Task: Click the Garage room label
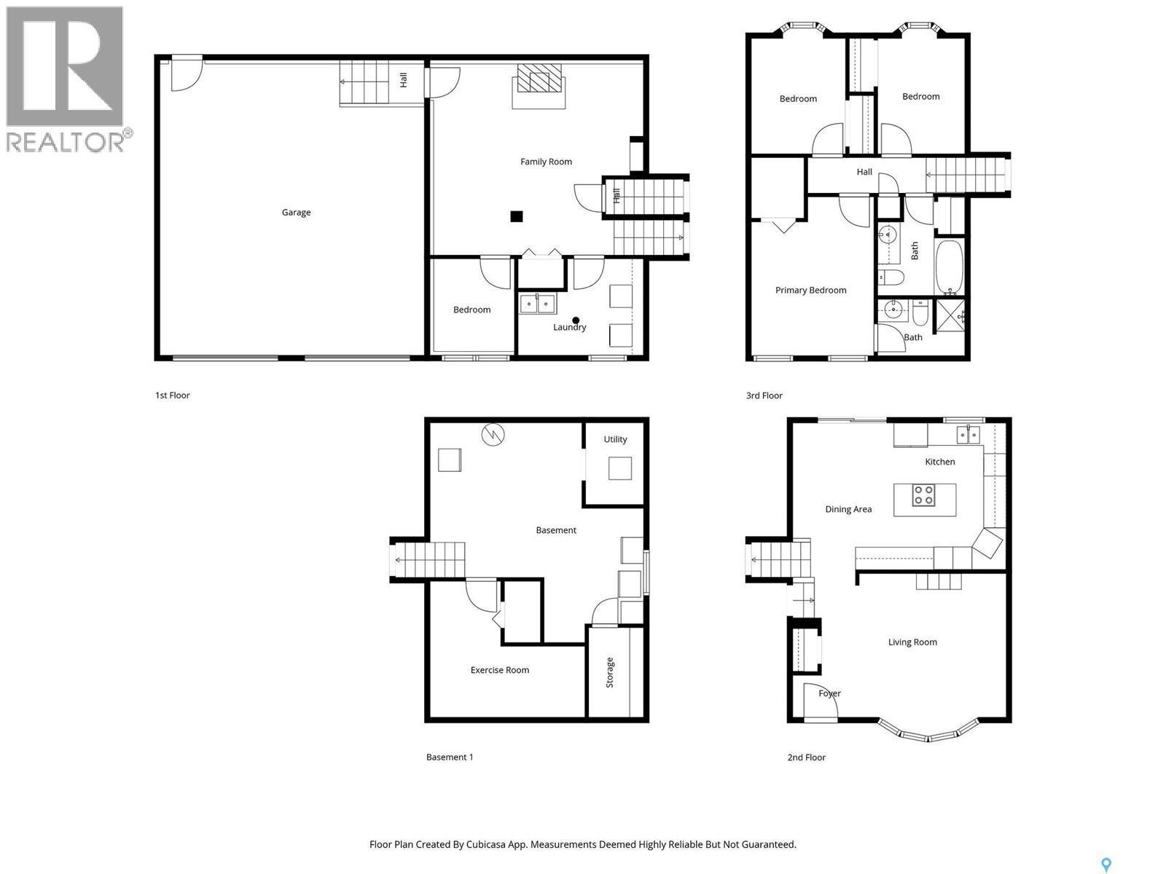pyautogui.click(x=296, y=212)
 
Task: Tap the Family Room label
pyautogui.click(x=546, y=162)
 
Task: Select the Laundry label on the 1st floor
pyautogui.click(x=569, y=327)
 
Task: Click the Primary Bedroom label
pyautogui.click(x=810, y=291)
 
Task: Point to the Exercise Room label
pyautogui.click(x=499, y=669)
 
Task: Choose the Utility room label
pyautogui.click(x=615, y=439)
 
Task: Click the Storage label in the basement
pyautogui.click(x=609, y=672)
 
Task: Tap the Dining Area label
pyautogui.click(x=848, y=509)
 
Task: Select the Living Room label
pyautogui.click(x=912, y=642)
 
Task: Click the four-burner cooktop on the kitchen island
pyautogui.click(x=923, y=496)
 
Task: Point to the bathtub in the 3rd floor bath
pyautogui.click(x=949, y=267)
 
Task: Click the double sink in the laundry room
pyautogui.click(x=538, y=304)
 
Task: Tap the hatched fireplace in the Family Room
pyautogui.click(x=539, y=78)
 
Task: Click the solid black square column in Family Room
pyautogui.click(x=517, y=216)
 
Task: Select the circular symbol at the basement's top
pyautogui.click(x=493, y=435)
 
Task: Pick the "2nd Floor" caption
pyautogui.click(x=806, y=757)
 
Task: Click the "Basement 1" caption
pyautogui.click(x=450, y=757)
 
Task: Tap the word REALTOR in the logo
pyautogui.click(x=66, y=142)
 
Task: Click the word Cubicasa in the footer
pyautogui.click(x=486, y=844)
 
